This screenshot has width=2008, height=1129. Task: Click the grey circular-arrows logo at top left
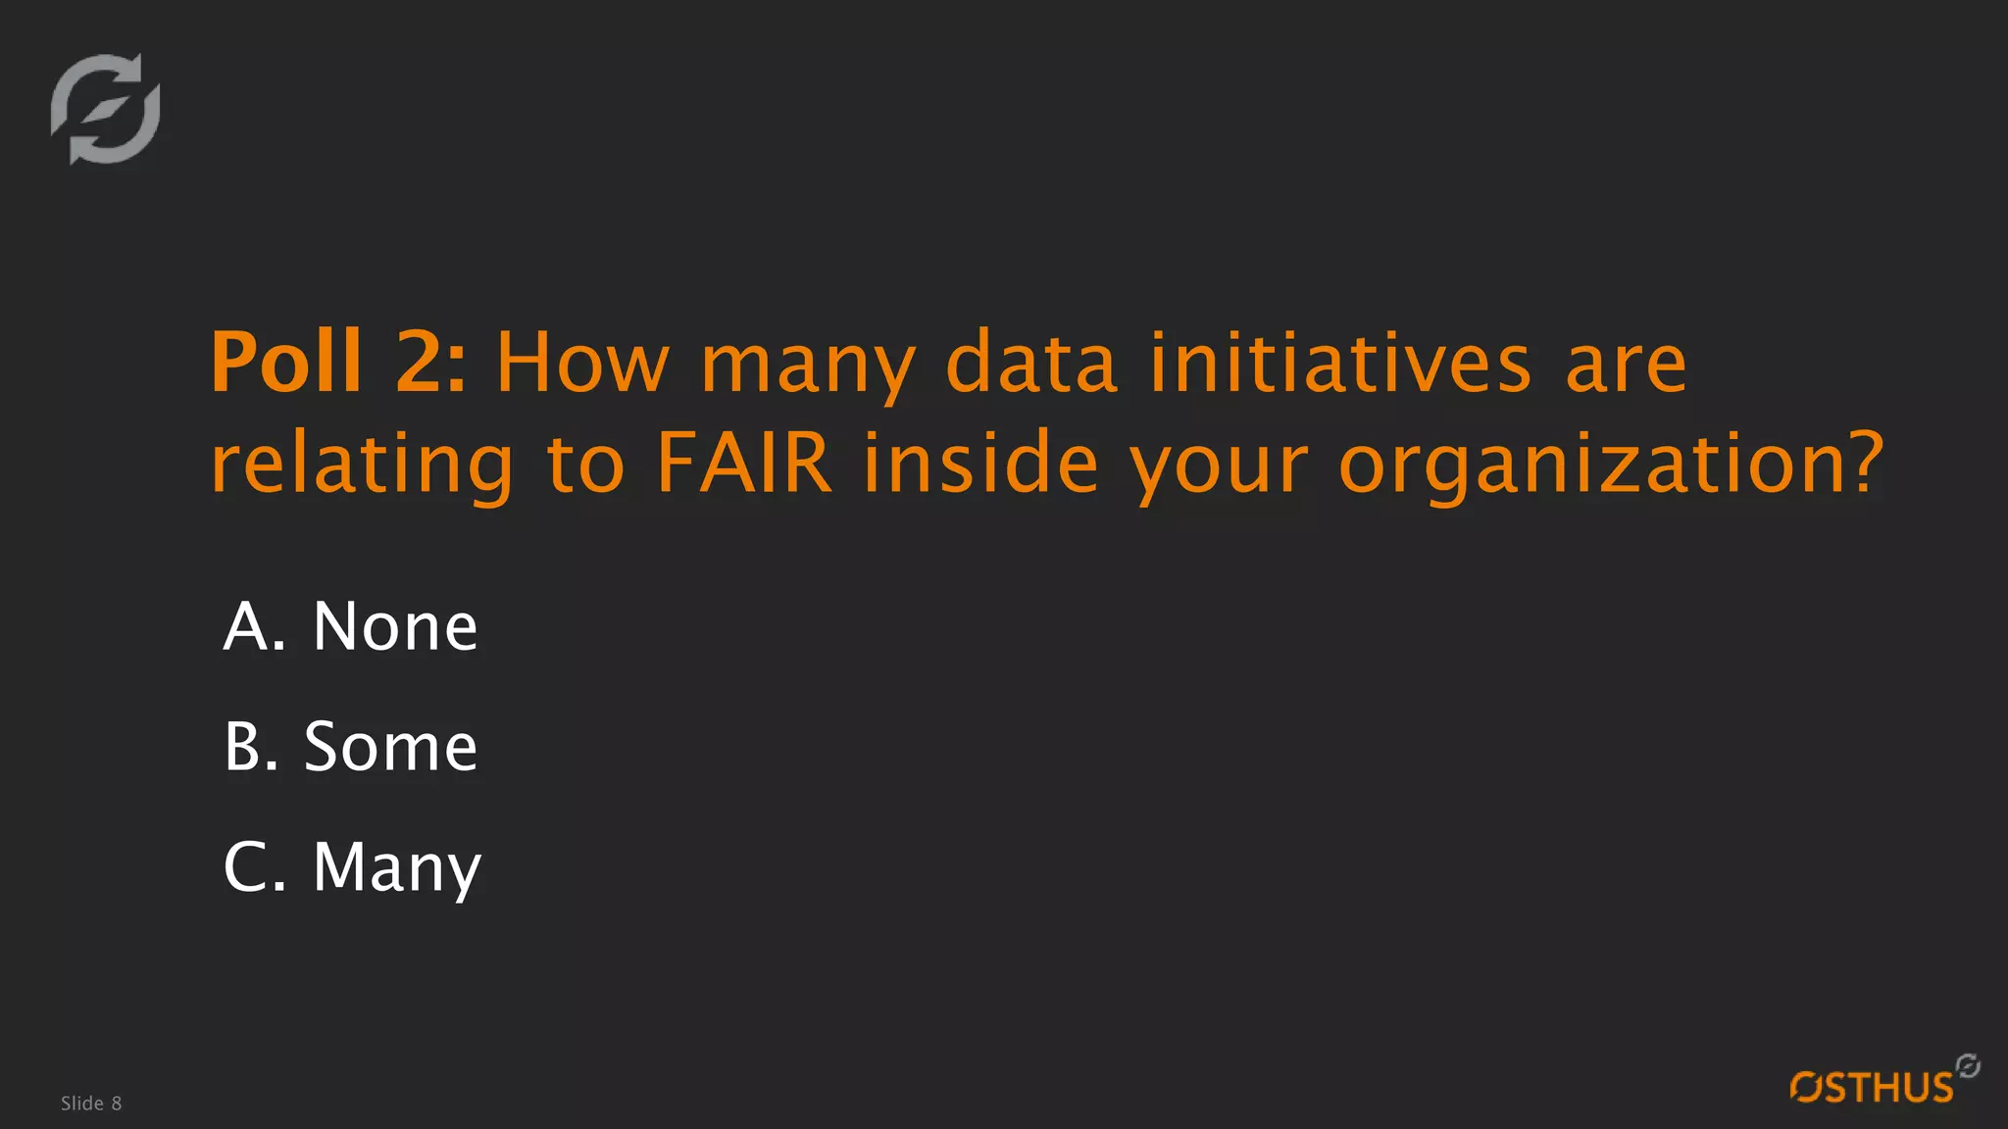point(106,109)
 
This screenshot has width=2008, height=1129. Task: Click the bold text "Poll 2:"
point(338,363)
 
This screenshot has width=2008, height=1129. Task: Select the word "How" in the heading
point(582,363)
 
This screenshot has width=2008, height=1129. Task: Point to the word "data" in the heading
point(1031,363)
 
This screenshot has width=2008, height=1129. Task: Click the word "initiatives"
point(1339,363)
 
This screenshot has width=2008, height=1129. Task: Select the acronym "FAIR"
point(744,463)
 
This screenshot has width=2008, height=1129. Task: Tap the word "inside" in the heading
point(980,463)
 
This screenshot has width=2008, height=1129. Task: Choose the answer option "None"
point(395,626)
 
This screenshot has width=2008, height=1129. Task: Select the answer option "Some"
point(390,747)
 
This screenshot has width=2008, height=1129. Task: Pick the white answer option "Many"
point(397,869)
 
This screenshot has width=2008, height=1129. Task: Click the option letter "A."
point(254,626)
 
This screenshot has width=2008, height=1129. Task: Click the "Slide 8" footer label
point(91,1104)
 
